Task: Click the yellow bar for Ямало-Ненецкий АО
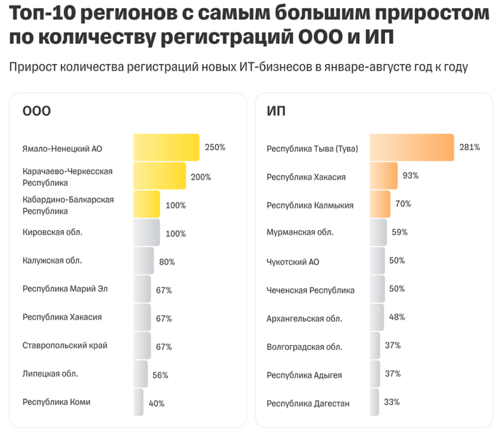click(x=166, y=148)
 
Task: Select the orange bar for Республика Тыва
click(x=412, y=148)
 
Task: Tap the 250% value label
click(x=215, y=147)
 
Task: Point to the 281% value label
click(x=470, y=147)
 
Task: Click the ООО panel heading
click(x=36, y=111)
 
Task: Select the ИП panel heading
click(x=276, y=111)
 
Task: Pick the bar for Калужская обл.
click(x=143, y=261)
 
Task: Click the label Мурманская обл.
click(x=299, y=233)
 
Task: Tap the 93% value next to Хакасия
click(x=411, y=176)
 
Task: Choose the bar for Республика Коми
click(x=139, y=402)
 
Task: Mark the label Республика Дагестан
click(x=308, y=403)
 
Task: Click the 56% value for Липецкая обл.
click(x=160, y=375)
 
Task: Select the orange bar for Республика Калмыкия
click(x=380, y=204)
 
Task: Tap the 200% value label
click(x=201, y=177)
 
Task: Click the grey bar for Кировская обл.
click(x=146, y=232)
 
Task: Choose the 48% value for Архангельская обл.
click(x=397, y=317)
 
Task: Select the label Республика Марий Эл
click(x=65, y=289)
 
